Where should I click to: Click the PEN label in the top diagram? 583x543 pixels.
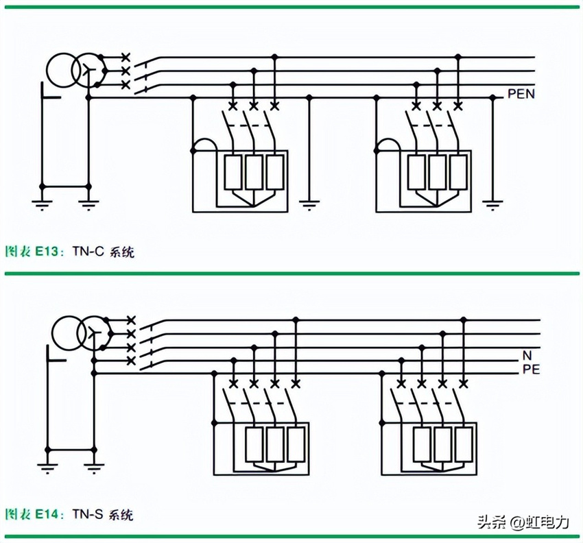521,94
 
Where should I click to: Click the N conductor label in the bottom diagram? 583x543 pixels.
527,355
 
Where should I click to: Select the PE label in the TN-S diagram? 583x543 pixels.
531,370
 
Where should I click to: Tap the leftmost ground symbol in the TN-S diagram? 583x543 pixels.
47,468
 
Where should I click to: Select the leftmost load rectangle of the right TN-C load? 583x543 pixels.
416,171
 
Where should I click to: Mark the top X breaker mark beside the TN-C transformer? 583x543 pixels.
125,57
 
